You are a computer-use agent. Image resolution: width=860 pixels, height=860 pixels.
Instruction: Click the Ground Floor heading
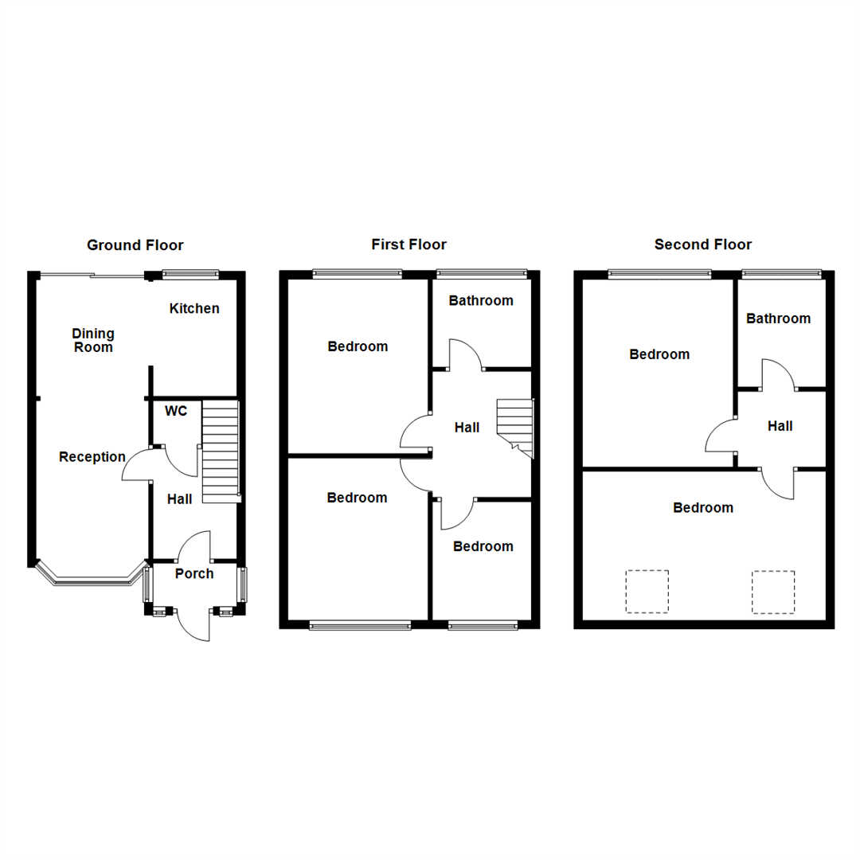coord(135,245)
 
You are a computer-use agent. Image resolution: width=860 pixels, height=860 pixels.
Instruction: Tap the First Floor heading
coord(408,244)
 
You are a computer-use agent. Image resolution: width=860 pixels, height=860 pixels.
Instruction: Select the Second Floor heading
coord(703,244)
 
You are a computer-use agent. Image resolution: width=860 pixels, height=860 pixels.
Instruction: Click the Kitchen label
coord(194,308)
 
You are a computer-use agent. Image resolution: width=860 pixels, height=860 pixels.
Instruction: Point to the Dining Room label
coord(93,340)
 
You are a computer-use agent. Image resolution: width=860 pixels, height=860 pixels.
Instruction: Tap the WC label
coord(176,411)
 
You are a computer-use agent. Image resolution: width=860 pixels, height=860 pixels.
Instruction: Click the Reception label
coord(92,457)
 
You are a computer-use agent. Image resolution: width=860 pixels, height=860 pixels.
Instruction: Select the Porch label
coord(194,573)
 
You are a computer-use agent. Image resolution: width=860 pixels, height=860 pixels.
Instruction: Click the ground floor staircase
coord(221,451)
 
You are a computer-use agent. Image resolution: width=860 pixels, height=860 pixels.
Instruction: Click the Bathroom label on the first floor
coord(481,300)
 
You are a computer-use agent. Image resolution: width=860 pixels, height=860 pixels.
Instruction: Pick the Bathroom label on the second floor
coord(778,319)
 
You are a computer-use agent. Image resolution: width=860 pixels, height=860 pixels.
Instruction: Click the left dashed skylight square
coord(647,592)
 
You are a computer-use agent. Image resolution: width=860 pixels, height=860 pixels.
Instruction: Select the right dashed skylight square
coord(773,592)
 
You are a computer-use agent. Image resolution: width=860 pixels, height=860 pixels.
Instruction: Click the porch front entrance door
coord(193,624)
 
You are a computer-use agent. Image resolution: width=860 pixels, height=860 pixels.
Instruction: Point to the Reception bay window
coord(92,580)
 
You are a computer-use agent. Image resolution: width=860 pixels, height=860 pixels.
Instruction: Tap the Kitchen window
coord(190,275)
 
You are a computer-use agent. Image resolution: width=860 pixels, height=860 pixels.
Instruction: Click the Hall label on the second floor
coord(780,426)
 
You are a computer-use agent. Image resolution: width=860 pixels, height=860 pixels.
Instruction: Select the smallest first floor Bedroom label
coord(483,546)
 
